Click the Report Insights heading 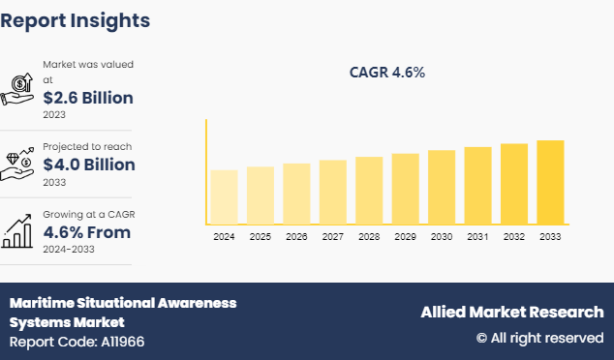[x=76, y=20]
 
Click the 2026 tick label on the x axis [x=296, y=236]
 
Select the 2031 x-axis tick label [x=477, y=236]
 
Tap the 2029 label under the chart [x=405, y=236]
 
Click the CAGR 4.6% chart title [x=387, y=73]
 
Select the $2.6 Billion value [x=88, y=98]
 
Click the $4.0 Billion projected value [x=89, y=165]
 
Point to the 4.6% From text [x=87, y=232]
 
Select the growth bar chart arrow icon [x=18, y=230]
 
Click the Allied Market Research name [x=511, y=312]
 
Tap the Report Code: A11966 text [x=77, y=342]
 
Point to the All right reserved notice [x=539, y=338]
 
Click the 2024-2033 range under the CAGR [x=69, y=250]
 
